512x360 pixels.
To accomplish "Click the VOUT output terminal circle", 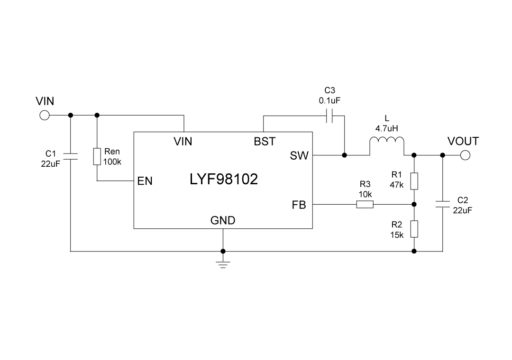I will point(465,155).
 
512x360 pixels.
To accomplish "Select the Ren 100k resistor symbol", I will point(97,156).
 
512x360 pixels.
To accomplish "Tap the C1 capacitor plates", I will point(70,156).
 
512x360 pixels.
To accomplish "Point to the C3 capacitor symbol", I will point(330,115).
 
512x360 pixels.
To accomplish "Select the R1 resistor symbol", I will point(414,181).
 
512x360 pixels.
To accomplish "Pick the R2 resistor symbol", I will point(414,229).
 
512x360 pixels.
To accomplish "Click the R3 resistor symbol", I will point(365,205).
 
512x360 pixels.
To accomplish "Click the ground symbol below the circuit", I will point(223,264).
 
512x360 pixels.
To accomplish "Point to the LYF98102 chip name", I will point(224,180).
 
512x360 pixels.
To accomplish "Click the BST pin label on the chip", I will point(265,141).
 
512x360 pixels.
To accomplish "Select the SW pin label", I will point(299,155).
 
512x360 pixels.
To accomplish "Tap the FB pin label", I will point(299,205).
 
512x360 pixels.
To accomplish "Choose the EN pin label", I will point(145,181).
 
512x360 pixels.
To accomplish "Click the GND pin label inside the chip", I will point(223,220).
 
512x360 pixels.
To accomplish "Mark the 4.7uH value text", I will point(387,128).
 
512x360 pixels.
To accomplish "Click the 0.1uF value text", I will point(330,100).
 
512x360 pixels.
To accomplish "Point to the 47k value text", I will point(397,185).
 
